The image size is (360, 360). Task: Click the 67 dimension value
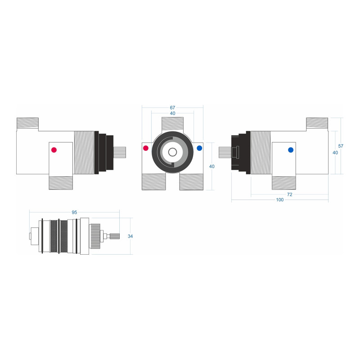tap(172, 108)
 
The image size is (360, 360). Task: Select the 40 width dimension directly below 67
tap(172, 113)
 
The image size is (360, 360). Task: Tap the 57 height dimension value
tap(341, 146)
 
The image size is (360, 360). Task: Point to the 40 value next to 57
tap(335, 153)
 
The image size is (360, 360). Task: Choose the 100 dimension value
tap(280, 200)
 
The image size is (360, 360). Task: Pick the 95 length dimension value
tap(74, 212)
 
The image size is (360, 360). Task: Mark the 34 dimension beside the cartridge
tap(130, 236)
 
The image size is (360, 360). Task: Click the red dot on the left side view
tap(54, 150)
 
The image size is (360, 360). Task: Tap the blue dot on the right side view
tap(290, 150)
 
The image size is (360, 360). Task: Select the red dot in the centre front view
tap(146, 148)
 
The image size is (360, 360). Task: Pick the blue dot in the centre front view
tap(199, 148)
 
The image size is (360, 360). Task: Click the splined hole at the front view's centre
tap(172, 152)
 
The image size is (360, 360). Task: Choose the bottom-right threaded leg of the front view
tap(191, 182)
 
